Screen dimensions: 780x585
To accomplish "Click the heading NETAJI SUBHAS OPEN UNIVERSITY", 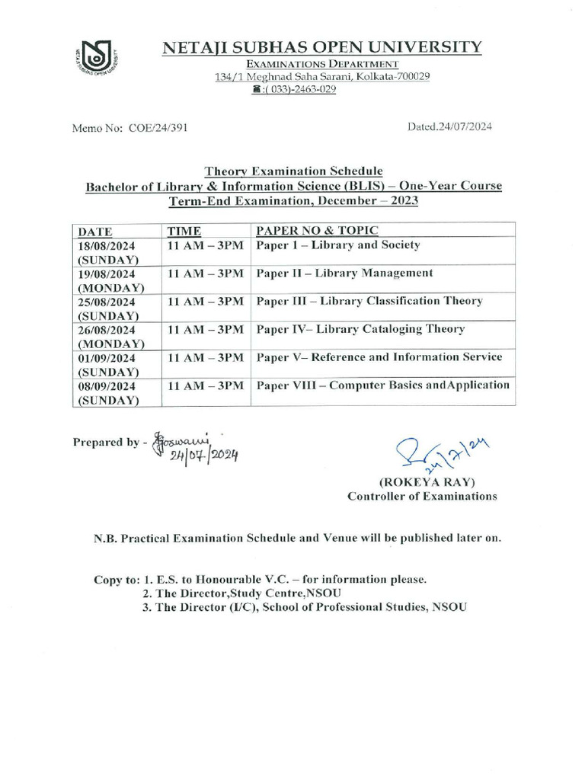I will pyautogui.click(x=322, y=47).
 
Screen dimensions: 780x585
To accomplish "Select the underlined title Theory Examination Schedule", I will pyautogui.click(x=293, y=171).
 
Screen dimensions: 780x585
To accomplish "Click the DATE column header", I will pyautogui.click(x=95, y=231).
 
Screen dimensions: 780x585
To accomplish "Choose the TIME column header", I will pyautogui.click(x=184, y=231).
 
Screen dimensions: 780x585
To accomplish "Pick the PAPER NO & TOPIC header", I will pyautogui.click(x=318, y=230).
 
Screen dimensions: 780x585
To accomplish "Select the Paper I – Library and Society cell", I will pyautogui.click(x=338, y=245).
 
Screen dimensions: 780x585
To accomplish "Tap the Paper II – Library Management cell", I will pyautogui.click(x=344, y=273).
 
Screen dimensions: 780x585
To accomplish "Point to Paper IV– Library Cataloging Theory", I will pyautogui.click(x=360, y=329).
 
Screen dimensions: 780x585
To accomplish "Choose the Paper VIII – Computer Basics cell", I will pyautogui.click(x=383, y=385).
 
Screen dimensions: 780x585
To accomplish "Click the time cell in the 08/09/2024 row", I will pyautogui.click(x=205, y=385).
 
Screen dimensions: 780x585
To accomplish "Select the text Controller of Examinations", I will pyautogui.click(x=422, y=497).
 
